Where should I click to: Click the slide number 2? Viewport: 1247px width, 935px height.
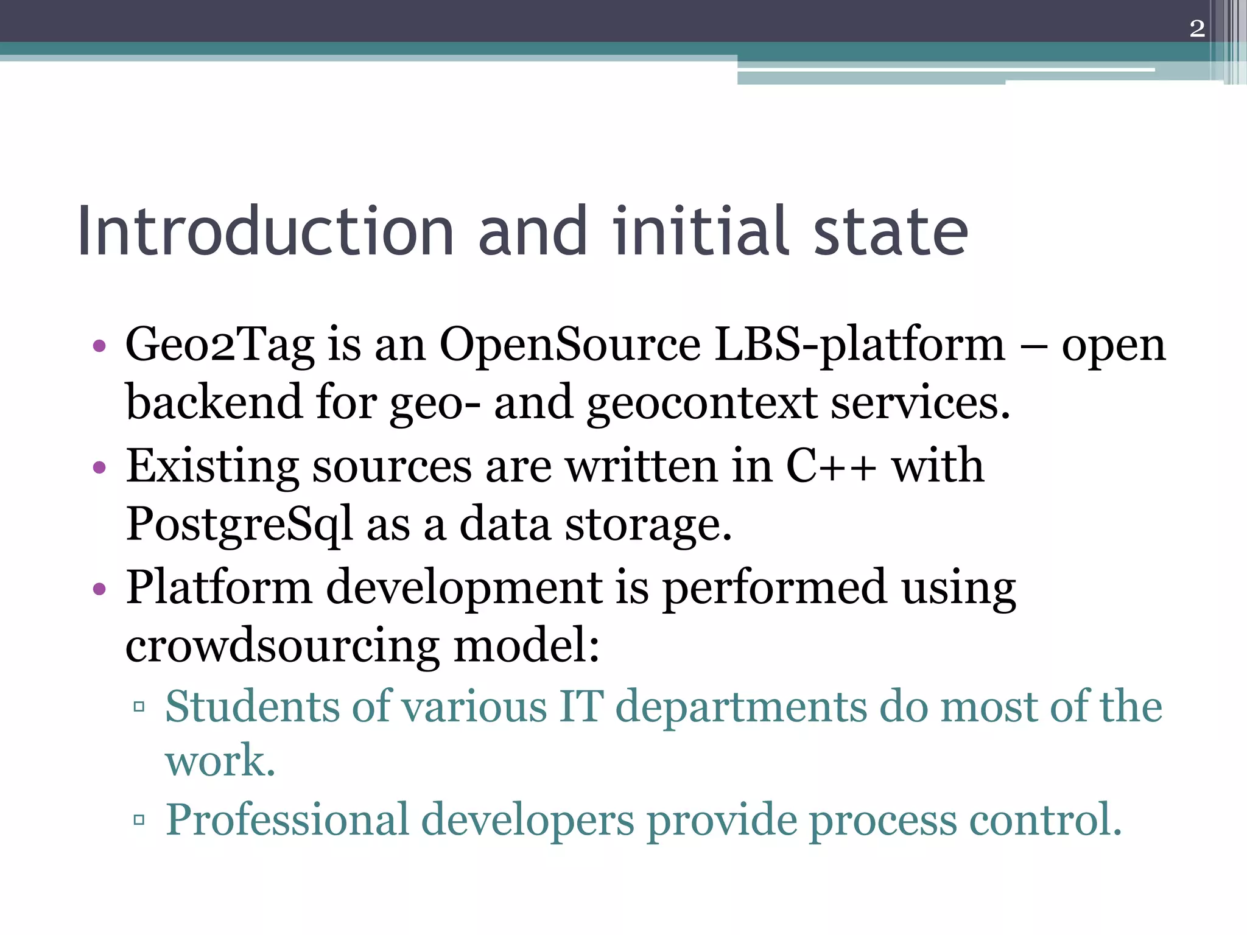pyautogui.click(x=1196, y=29)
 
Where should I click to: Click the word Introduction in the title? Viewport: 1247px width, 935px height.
pyautogui.click(x=265, y=232)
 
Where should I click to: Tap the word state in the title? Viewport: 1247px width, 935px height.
pyautogui.click(x=890, y=232)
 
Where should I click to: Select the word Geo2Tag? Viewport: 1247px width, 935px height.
pyautogui.click(x=219, y=346)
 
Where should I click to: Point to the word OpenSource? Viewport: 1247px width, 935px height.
pyautogui.click(x=570, y=346)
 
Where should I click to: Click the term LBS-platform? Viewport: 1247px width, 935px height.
pyautogui.click(x=859, y=346)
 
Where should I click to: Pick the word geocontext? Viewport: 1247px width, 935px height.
pyautogui.click(x=702, y=403)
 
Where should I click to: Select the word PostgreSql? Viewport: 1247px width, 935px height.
pyautogui.click(x=239, y=525)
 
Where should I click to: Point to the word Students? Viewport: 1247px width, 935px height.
pyautogui.click(x=252, y=707)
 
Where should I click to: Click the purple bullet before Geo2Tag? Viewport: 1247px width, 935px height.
pyautogui.click(x=99, y=347)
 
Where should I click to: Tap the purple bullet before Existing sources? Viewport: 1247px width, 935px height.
pyautogui.click(x=99, y=467)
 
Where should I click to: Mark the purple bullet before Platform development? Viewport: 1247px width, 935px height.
pyautogui.click(x=99, y=589)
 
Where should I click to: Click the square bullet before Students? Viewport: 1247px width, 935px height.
pyautogui.click(x=139, y=707)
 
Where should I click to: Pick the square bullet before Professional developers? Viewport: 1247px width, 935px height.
pyautogui.click(x=139, y=820)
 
